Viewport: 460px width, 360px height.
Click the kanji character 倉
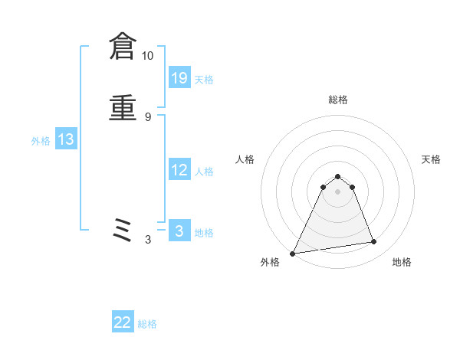tap(122, 47)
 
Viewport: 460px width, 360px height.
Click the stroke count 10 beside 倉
tap(148, 56)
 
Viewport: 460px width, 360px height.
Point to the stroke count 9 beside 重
tap(148, 116)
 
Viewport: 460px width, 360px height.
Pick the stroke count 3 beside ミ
tap(148, 240)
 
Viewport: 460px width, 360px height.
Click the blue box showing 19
tap(179, 77)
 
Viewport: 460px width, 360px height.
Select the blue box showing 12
tap(179, 170)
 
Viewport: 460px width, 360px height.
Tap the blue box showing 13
tap(66, 139)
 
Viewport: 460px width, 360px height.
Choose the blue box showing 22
tap(123, 322)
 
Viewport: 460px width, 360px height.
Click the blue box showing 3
tap(179, 231)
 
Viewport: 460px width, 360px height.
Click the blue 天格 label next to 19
tap(204, 79)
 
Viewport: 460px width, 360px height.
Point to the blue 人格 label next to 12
tap(204, 172)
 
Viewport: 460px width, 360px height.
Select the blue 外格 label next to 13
tap(41, 141)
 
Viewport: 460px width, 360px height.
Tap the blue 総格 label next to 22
tap(147, 324)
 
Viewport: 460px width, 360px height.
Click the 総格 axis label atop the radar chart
tap(338, 100)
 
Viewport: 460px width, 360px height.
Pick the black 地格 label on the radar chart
tap(402, 262)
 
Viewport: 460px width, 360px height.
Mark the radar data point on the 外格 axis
tap(293, 254)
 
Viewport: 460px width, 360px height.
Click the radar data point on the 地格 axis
tap(374, 242)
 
